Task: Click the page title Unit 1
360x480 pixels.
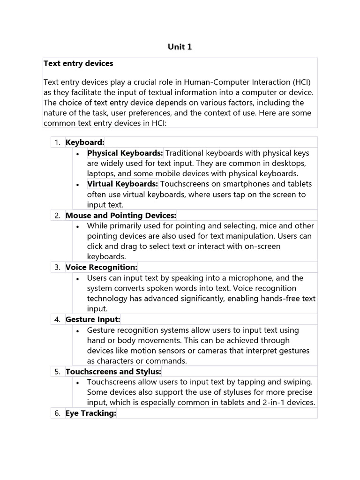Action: [180, 47]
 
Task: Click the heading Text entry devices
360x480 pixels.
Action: [78, 63]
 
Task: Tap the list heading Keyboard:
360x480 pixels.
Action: [85, 142]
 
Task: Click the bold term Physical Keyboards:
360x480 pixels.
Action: [125, 153]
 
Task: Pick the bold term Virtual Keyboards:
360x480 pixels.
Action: [122, 184]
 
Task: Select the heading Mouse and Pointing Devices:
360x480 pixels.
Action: [121, 215]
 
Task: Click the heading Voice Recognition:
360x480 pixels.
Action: [101, 267]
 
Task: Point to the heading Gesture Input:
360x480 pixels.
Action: [93, 320]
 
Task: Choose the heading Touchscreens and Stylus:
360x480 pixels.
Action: [113, 372]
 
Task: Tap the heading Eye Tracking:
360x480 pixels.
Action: [90, 413]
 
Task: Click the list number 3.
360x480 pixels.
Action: [57, 267]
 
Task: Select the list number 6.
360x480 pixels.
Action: [57, 413]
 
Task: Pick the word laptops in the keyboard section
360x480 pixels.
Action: [100, 173]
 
